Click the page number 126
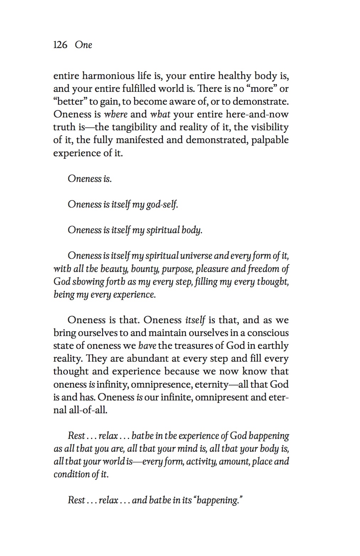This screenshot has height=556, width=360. [x=60, y=45]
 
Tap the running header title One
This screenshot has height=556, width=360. [x=84, y=45]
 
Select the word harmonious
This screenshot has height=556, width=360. [x=107, y=76]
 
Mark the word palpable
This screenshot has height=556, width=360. [x=270, y=140]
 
